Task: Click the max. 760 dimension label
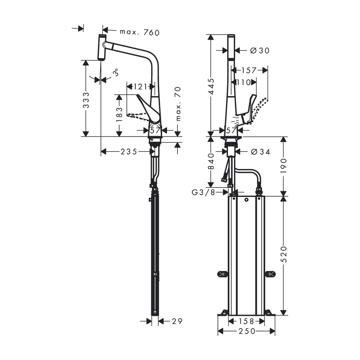(x=140, y=32)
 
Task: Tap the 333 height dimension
(x=86, y=100)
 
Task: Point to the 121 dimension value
(x=140, y=86)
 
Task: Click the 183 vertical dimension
(x=119, y=114)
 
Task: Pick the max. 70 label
(x=178, y=104)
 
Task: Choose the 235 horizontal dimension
(x=129, y=152)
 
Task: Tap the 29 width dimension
(x=177, y=321)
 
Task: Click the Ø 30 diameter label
(x=260, y=50)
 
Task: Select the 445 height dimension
(x=211, y=86)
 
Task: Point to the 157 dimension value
(x=249, y=70)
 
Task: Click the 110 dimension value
(x=244, y=82)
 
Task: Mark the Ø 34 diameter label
(x=260, y=152)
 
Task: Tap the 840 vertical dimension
(x=211, y=161)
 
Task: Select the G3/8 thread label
(x=204, y=192)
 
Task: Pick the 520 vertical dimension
(x=284, y=254)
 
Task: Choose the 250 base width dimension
(x=247, y=331)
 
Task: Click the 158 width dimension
(x=247, y=321)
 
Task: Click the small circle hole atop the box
(x=246, y=200)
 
